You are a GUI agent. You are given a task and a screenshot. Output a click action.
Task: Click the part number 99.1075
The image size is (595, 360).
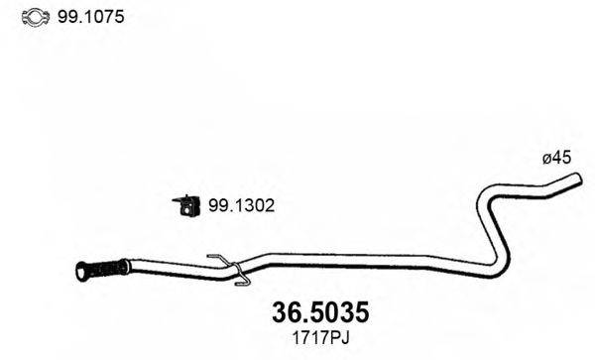click(90, 17)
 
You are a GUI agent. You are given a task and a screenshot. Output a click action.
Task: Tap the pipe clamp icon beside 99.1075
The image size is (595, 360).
click(36, 17)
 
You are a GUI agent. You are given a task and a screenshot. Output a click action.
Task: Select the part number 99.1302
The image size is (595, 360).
click(241, 205)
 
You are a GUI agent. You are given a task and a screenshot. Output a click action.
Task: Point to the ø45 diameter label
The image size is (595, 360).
click(556, 158)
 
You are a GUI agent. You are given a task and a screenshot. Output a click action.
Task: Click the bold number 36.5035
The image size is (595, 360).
click(320, 312)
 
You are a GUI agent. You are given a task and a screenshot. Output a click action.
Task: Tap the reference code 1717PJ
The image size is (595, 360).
click(320, 337)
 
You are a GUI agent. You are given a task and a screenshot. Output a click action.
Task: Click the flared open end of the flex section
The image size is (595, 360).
click(81, 272)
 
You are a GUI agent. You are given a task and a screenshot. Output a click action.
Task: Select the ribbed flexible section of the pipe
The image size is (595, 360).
click(103, 270)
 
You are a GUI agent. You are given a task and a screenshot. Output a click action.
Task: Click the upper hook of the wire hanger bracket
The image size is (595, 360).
click(219, 258)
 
